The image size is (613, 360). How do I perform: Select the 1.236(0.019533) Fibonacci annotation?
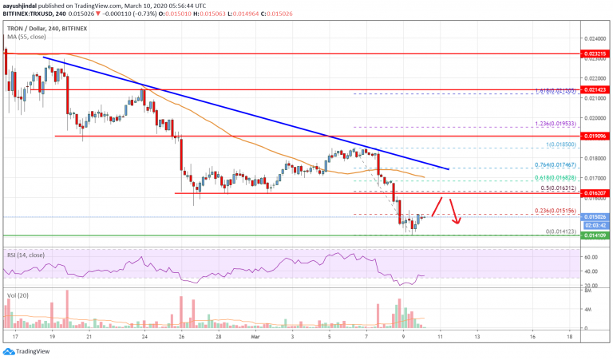[553, 126]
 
